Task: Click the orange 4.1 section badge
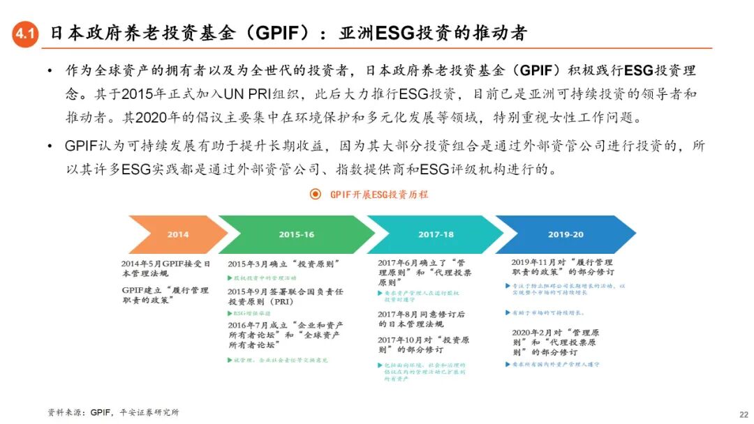(x=25, y=33)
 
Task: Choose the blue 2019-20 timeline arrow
(x=565, y=235)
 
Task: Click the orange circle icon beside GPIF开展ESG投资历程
(x=316, y=194)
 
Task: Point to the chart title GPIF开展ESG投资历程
(x=378, y=195)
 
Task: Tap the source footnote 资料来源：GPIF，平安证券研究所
(x=114, y=412)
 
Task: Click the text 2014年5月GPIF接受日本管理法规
(x=165, y=268)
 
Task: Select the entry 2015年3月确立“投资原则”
(x=283, y=264)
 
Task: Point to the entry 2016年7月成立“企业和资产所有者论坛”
(x=285, y=335)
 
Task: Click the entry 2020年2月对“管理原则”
(x=556, y=342)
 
